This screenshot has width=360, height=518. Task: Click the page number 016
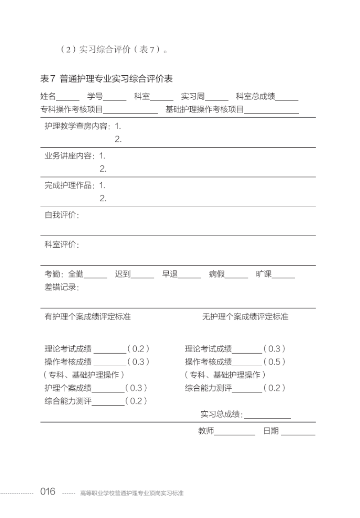click(x=48, y=491)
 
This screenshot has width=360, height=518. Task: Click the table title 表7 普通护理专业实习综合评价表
click(x=107, y=79)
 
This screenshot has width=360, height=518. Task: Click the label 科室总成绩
click(x=256, y=96)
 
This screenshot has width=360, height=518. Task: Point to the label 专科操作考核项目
click(x=72, y=109)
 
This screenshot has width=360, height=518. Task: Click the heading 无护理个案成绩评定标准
click(x=245, y=317)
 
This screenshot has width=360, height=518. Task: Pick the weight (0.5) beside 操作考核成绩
click(x=274, y=362)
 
